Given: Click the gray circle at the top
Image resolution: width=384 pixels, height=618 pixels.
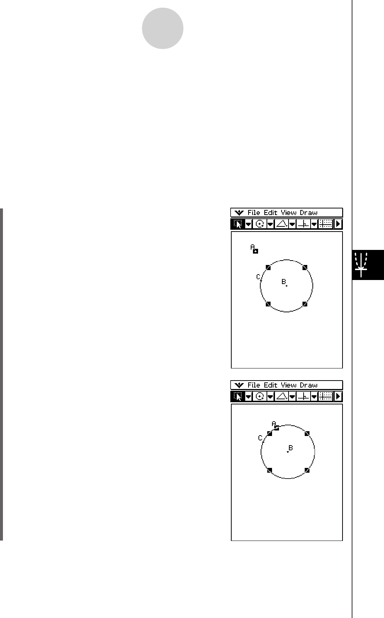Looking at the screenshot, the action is coord(163,28).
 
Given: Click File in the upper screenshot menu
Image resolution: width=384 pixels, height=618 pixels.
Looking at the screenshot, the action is coord(254,213).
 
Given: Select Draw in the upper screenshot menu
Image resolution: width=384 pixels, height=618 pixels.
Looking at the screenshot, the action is coord(309,213).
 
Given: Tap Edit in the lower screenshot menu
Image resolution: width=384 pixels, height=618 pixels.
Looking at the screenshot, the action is coord(270,385).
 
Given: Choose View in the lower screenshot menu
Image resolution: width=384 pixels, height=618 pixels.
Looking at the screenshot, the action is coord(288,385).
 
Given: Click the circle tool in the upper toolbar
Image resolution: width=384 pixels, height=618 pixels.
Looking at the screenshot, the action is coord(260,224).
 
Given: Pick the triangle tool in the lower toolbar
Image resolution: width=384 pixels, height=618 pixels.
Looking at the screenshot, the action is coord(282,396).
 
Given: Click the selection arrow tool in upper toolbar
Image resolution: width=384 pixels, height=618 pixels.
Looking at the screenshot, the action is coord(238,224).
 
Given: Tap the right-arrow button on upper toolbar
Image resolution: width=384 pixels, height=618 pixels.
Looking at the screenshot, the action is coord(338,224).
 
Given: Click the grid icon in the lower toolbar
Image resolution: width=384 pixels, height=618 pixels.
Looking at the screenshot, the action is coord(326,396).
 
